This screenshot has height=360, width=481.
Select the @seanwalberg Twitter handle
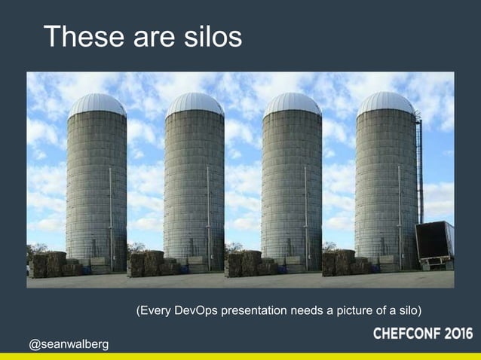[x=69, y=344]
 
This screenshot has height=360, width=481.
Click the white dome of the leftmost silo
[x=97, y=104]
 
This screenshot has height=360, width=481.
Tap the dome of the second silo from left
[x=195, y=104]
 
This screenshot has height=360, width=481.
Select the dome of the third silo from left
[x=292, y=104]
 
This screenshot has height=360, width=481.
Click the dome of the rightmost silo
[x=386, y=103]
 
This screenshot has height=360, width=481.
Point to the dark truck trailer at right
[x=435, y=242]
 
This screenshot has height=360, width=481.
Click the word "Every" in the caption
[x=156, y=310]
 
